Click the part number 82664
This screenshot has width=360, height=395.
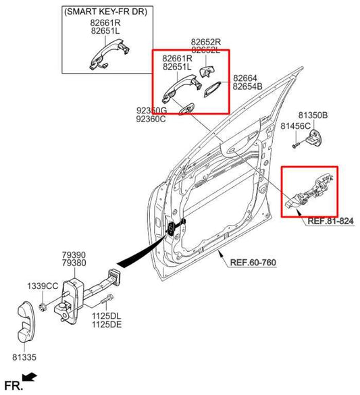tap(245, 79)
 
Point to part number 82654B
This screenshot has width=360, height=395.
tap(247, 88)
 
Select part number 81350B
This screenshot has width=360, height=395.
tap(313, 115)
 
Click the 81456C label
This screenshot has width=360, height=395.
tap(295, 126)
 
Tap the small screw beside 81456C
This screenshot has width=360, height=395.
tap(296, 143)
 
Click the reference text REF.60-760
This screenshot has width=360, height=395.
tap(254, 263)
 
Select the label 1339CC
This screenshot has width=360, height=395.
tap(43, 286)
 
